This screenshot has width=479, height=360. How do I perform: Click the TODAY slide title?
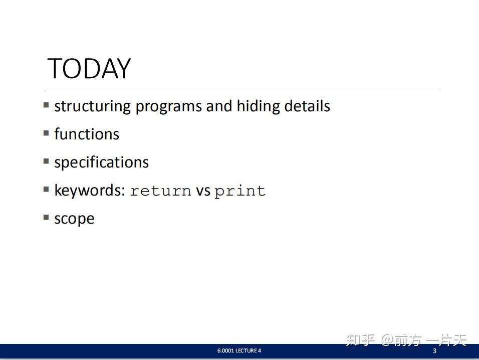(x=89, y=69)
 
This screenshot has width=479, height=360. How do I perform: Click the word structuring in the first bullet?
(x=93, y=106)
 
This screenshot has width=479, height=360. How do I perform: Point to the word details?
(x=307, y=106)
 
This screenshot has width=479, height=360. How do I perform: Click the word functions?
(x=87, y=134)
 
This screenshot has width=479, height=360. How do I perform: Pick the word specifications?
(x=101, y=162)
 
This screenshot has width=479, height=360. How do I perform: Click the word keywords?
(x=89, y=191)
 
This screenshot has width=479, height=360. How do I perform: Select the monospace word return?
(x=160, y=191)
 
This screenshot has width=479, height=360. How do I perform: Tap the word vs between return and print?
(x=203, y=191)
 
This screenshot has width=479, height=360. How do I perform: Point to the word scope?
(x=74, y=219)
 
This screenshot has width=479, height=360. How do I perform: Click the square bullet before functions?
(x=46, y=133)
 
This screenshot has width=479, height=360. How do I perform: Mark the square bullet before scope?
(x=46, y=218)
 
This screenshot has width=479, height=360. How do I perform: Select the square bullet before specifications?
(x=46, y=161)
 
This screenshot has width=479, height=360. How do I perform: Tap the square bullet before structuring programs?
(x=46, y=105)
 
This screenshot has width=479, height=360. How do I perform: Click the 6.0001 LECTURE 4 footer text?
(x=239, y=351)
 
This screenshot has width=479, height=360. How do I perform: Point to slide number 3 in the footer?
(x=434, y=351)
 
